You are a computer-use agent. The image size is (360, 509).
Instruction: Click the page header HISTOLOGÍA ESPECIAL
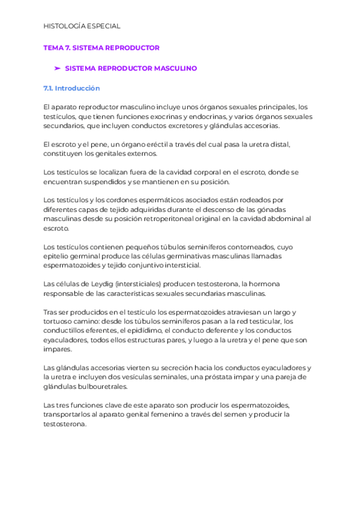pyautogui.click(x=82, y=26)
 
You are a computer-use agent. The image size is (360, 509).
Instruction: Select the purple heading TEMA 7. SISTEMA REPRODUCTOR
pyautogui.click(x=101, y=47)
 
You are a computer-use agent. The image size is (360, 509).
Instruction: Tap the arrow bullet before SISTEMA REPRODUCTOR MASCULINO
pyautogui.click(x=58, y=68)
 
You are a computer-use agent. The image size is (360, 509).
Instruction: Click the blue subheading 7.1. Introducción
pyautogui.click(x=71, y=88)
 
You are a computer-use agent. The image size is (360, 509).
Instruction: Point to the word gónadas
pyautogui.click(x=288, y=209)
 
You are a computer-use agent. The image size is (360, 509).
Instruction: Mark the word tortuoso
pyautogui.click(x=58, y=321)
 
